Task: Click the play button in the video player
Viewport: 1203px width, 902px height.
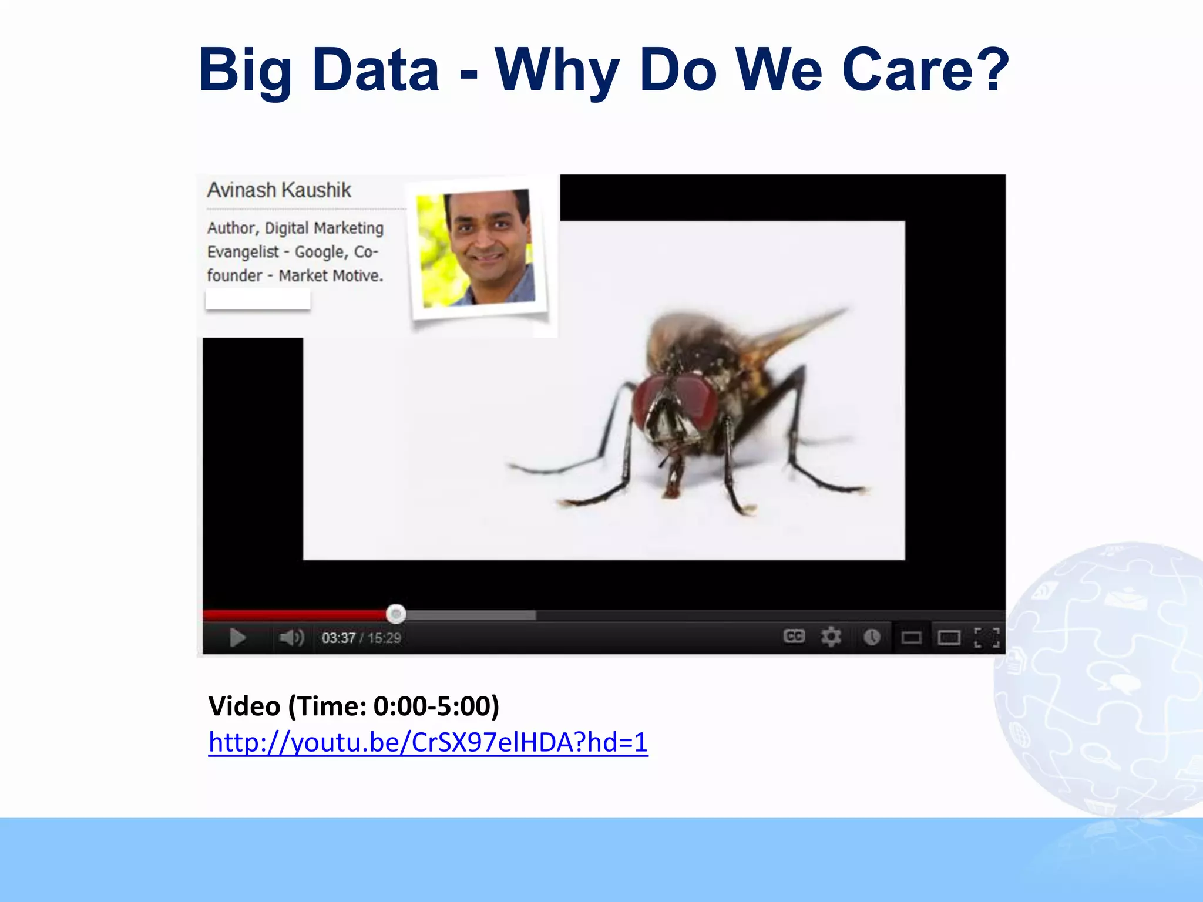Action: (237, 637)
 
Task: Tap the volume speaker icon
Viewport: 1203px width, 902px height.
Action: (291, 637)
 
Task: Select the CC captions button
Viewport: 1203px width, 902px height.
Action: (794, 636)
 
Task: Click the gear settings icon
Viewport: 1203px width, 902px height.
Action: (831, 637)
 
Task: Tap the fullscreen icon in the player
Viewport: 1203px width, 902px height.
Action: (986, 637)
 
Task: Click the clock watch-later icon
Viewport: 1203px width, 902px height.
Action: (872, 637)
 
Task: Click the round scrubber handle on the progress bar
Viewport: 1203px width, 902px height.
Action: (396, 614)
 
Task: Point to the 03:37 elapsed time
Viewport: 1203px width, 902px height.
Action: (338, 638)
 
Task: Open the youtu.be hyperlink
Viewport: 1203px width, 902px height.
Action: (428, 742)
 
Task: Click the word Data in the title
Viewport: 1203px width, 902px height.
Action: (376, 70)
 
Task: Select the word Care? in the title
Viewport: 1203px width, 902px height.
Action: (926, 70)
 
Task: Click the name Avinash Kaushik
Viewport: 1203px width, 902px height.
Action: (279, 190)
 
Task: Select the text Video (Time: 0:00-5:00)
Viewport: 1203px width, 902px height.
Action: (354, 706)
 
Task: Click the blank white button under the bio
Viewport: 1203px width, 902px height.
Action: (257, 300)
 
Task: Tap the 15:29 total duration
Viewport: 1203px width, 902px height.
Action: (384, 638)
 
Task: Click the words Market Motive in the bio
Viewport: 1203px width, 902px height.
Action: (330, 275)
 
